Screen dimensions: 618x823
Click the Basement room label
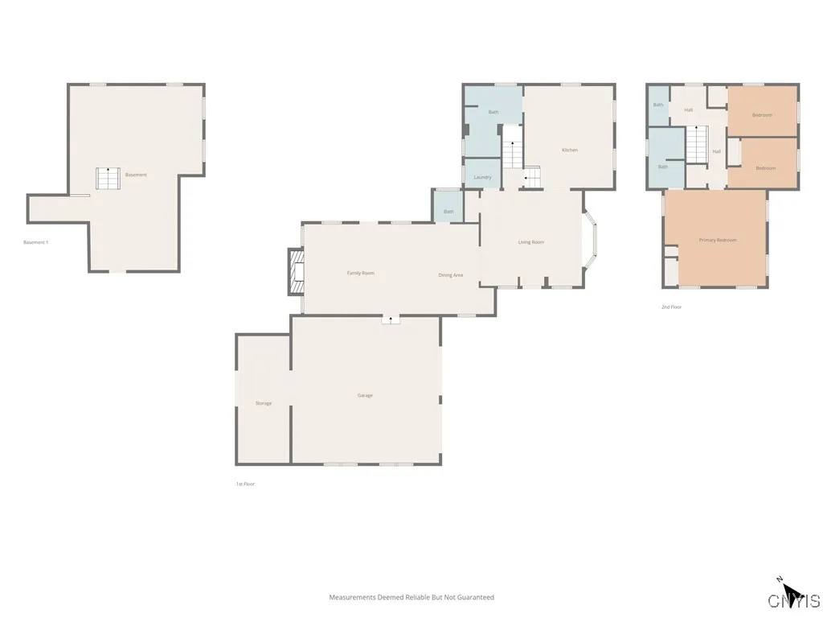(x=136, y=175)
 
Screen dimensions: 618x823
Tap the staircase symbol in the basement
(x=108, y=178)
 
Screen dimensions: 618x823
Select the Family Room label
(x=361, y=273)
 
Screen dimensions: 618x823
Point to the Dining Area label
(x=450, y=275)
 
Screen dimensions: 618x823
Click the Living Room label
(x=530, y=242)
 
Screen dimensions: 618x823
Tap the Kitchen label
(x=569, y=150)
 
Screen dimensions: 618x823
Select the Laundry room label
(x=482, y=177)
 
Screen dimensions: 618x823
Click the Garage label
(x=365, y=395)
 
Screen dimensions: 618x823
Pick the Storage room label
(x=264, y=403)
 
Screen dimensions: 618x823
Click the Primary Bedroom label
(x=718, y=240)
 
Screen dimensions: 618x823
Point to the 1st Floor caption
(x=245, y=484)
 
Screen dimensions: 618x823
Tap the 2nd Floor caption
(x=671, y=307)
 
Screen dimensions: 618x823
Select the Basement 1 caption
(x=36, y=242)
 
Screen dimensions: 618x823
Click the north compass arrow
(x=791, y=592)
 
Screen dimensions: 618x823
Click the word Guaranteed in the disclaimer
(x=477, y=597)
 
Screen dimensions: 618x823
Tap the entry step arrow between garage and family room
(x=391, y=319)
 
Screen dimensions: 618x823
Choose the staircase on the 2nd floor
(x=697, y=143)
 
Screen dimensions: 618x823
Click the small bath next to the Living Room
(x=448, y=207)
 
